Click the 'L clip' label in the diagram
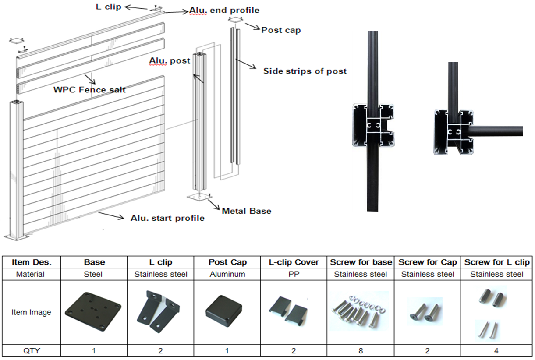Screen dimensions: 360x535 (108, 7)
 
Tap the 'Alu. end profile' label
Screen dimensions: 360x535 (224, 10)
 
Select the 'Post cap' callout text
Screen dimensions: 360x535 (281, 30)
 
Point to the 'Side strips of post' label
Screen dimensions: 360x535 (305, 71)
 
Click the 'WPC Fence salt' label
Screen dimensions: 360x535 (89, 89)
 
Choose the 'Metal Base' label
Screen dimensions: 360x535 (246, 211)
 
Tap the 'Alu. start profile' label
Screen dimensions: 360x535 (167, 218)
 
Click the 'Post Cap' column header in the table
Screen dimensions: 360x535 (227, 262)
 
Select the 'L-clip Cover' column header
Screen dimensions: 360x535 (294, 262)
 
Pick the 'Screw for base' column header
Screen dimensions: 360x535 (361, 262)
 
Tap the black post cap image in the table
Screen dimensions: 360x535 (227, 312)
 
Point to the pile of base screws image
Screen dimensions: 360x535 (361, 312)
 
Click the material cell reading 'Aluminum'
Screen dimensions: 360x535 (227, 274)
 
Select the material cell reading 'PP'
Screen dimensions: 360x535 (294, 274)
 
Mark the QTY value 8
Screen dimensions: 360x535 (361, 350)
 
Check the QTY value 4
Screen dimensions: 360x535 (496, 350)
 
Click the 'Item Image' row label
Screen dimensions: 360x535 (31, 312)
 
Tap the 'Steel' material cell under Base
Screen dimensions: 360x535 (94, 274)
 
